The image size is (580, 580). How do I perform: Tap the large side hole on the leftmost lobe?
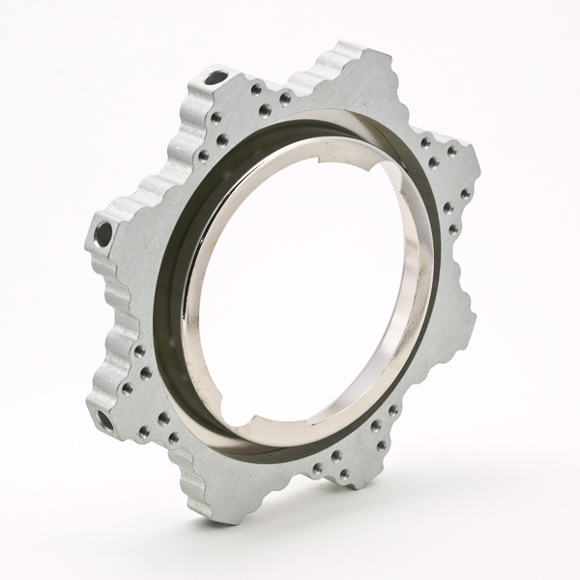[101, 231]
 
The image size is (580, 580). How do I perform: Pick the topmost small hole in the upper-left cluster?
[253, 87]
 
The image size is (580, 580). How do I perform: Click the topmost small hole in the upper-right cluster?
[426, 142]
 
